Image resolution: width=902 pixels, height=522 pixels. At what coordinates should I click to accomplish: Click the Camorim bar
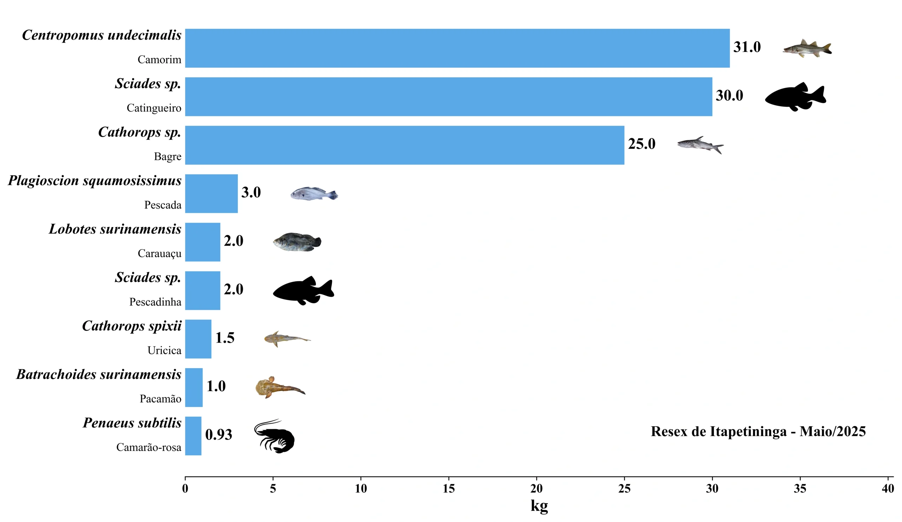[x=457, y=48]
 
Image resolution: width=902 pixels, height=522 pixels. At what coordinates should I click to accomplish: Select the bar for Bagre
[x=404, y=145]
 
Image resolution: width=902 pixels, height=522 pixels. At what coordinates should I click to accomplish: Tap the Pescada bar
[x=211, y=194]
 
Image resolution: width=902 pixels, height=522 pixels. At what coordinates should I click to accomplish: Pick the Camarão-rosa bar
[x=193, y=436]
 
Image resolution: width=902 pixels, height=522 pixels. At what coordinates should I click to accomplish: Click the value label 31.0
[x=747, y=47]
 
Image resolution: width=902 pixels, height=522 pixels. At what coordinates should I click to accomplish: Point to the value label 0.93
[x=218, y=435]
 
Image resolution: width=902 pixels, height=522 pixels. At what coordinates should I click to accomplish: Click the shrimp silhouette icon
[x=274, y=436]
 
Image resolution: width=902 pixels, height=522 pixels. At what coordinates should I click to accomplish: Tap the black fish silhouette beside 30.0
[x=795, y=97]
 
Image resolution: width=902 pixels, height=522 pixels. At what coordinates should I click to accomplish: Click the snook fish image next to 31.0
[x=807, y=48]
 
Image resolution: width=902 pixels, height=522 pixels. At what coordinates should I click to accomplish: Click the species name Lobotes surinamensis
[x=115, y=229]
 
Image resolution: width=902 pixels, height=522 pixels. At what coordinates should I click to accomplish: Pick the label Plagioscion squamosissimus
[x=94, y=181]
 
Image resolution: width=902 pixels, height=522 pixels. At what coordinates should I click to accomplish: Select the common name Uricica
[x=164, y=350]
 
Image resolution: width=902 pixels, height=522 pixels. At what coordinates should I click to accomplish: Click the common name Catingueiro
[x=154, y=108]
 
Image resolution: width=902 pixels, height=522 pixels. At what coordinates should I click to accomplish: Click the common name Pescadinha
[x=155, y=302]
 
